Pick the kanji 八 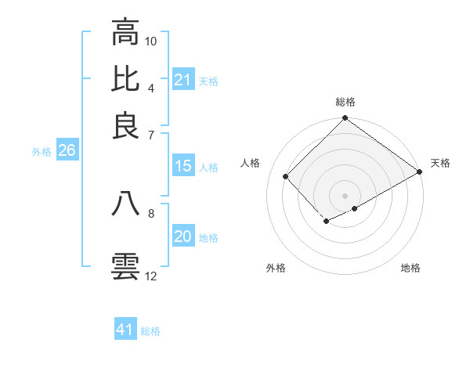tap(125, 204)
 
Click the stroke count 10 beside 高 tap(152, 40)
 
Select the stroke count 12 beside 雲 tap(152, 276)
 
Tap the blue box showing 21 tap(183, 79)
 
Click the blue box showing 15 tap(183, 166)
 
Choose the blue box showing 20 tap(183, 237)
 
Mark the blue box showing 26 tap(67, 151)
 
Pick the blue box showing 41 tap(125, 330)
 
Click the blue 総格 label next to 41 tap(150, 331)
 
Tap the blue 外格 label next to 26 tap(42, 152)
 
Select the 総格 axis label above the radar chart tap(345, 102)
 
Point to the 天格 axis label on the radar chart tap(440, 163)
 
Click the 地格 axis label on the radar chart tap(410, 269)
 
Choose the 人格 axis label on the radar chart tap(251, 163)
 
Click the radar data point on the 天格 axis tap(420, 171)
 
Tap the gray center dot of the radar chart tap(345, 195)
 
